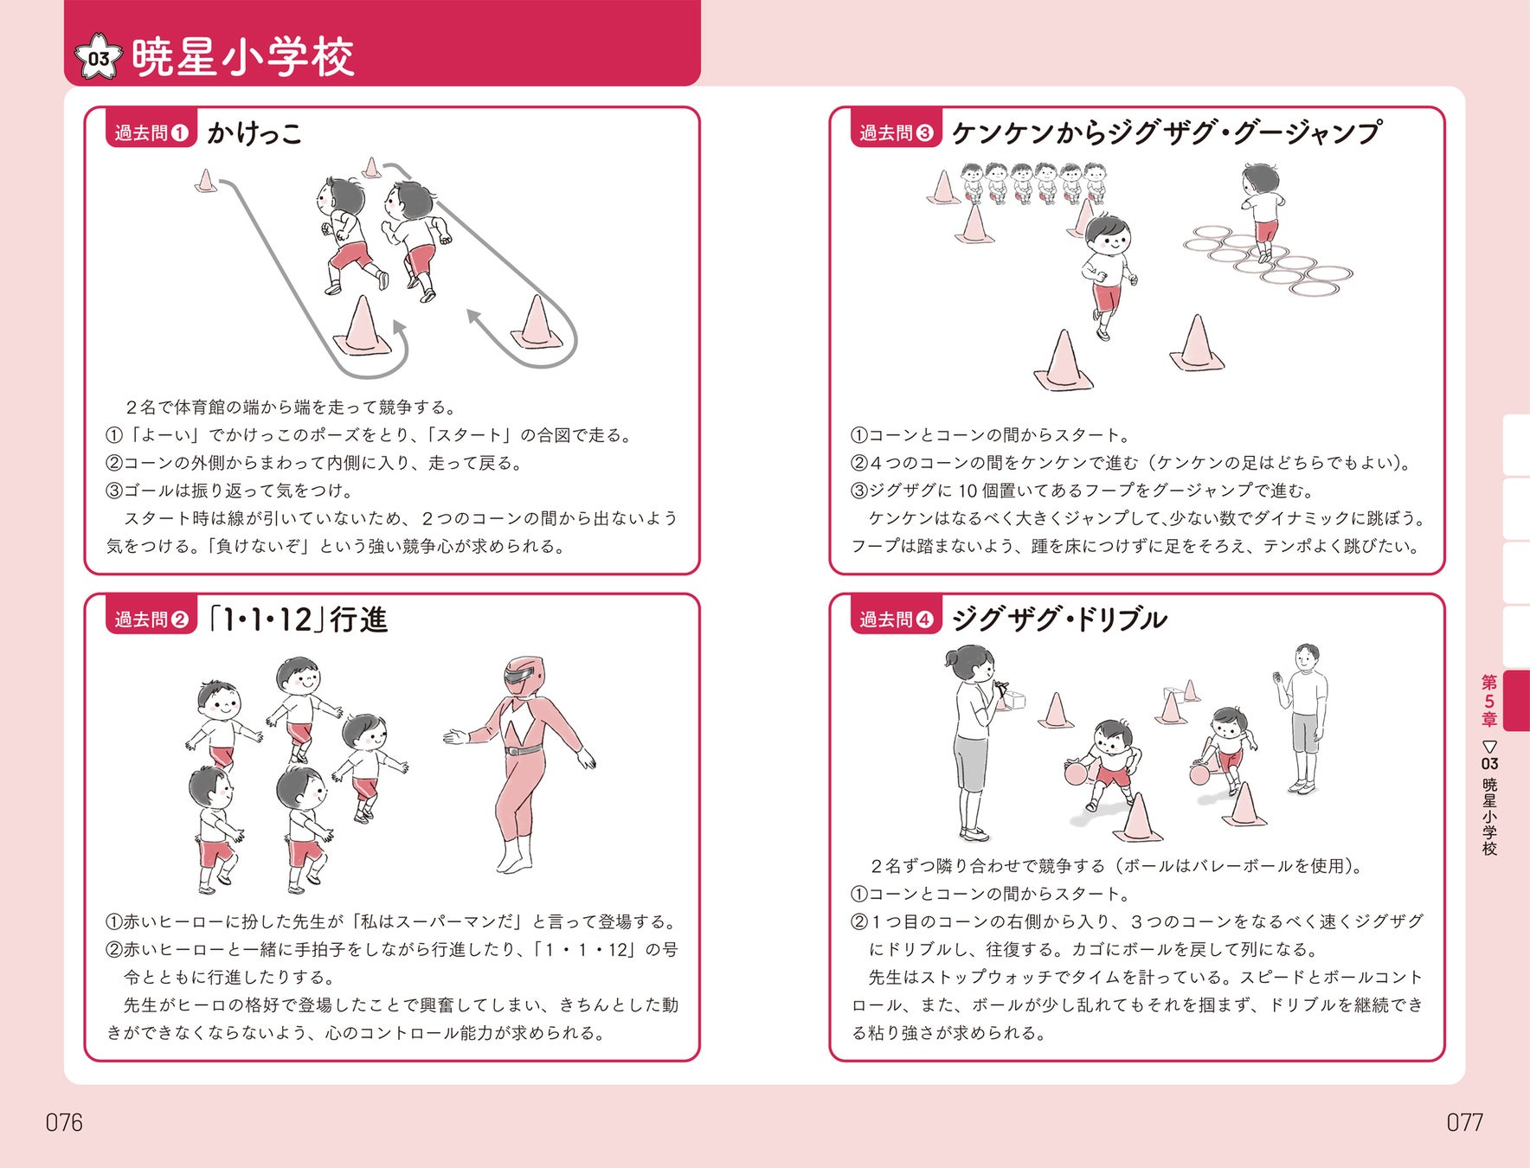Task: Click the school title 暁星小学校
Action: [x=243, y=57]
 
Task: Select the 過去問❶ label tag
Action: [x=151, y=132]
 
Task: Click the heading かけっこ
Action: [x=254, y=132]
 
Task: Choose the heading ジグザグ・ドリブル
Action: [x=1059, y=619]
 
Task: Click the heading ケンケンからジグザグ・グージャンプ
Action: [x=1165, y=132]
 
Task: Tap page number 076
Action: [x=64, y=1122]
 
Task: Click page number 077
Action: [x=1464, y=1122]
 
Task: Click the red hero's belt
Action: [x=524, y=750]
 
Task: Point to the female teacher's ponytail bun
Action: [x=953, y=658]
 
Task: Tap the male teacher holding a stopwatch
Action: [x=1302, y=718]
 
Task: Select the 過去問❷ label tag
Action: [x=151, y=619]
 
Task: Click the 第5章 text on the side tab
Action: [x=1489, y=701]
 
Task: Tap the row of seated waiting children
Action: [x=1033, y=183]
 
